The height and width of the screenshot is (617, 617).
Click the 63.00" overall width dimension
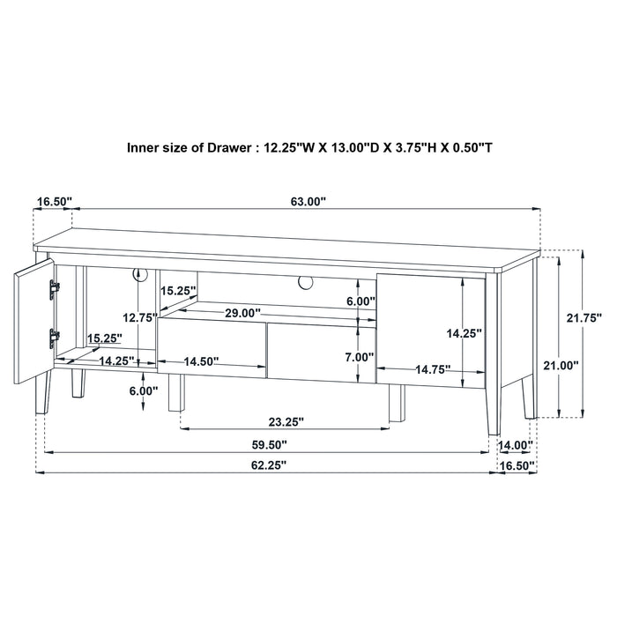pos(308,202)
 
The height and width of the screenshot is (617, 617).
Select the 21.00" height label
pos(561,365)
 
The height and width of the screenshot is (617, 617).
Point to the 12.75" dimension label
pos(139,317)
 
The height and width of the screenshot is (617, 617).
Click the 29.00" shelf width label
pos(242,313)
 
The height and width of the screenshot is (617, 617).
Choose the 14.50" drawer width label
pos(201,361)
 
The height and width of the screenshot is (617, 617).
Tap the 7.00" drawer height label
pos(360,357)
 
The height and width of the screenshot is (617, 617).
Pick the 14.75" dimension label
pos(433,369)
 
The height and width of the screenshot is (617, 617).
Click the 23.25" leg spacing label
pos(286,422)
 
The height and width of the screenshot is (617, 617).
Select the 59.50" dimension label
pos(269,445)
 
